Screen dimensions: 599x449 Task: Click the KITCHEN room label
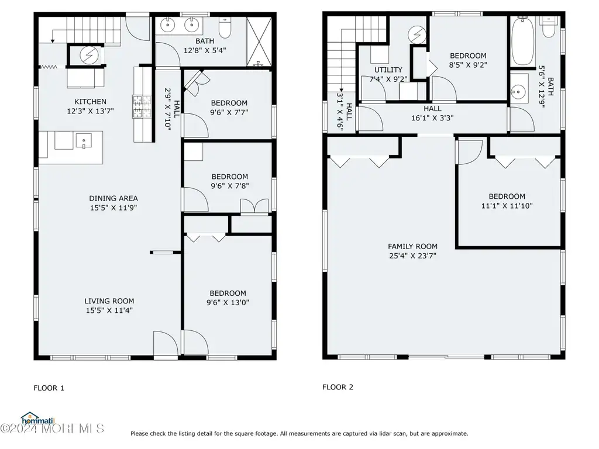[90, 102]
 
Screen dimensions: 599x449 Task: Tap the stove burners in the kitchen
[142, 106]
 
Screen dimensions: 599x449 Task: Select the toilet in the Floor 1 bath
[225, 27]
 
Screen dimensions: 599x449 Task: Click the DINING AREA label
[113, 198]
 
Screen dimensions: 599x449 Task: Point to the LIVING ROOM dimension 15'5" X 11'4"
[109, 310]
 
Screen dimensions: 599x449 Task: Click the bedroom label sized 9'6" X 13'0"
[228, 293]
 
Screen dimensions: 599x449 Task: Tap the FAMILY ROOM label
[412, 247]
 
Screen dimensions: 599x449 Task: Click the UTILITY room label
[388, 70]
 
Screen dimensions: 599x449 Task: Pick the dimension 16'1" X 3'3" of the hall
[432, 118]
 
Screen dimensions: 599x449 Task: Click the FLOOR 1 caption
[49, 388]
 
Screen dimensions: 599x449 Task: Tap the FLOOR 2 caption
[338, 387]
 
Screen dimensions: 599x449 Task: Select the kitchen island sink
[84, 140]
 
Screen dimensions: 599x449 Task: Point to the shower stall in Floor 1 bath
[259, 42]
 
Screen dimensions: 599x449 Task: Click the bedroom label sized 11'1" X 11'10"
[507, 196]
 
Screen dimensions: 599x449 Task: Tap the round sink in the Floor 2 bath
[518, 92]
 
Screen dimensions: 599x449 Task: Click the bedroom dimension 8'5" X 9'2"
[468, 65]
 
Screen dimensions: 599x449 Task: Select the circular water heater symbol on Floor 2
[416, 34]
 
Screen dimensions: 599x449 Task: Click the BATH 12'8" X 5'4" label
[205, 46]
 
